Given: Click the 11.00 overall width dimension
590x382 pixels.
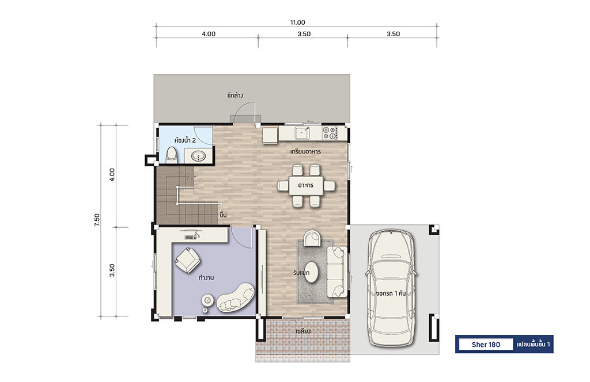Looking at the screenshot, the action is [x=297, y=22].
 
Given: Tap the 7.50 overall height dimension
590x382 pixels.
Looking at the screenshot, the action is [x=97, y=220].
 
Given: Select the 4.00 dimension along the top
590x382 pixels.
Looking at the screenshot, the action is [x=209, y=34].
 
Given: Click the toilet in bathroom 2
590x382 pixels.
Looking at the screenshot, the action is [x=172, y=155].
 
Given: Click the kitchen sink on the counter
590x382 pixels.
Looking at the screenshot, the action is [x=302, y=132].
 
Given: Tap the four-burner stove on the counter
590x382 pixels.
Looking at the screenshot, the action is [x=329, y=132].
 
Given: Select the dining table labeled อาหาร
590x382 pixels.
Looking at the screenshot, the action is [x=306, y=185].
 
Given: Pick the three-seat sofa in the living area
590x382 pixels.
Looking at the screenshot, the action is [x=336, y=271].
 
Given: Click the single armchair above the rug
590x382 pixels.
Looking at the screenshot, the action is [x=312, y=238].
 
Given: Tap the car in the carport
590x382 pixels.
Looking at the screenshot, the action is [x=391, y=288].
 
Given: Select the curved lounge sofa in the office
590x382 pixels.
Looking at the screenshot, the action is [x=236, y=297].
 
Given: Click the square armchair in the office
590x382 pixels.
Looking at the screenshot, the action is [x=187, y=259].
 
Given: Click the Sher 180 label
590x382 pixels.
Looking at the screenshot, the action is [x=486, y=345].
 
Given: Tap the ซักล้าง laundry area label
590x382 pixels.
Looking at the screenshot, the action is [x=235, y=96].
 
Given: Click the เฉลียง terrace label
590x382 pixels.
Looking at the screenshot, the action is [x=303, y=332].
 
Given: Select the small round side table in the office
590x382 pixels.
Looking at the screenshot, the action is [x=207, y=300].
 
